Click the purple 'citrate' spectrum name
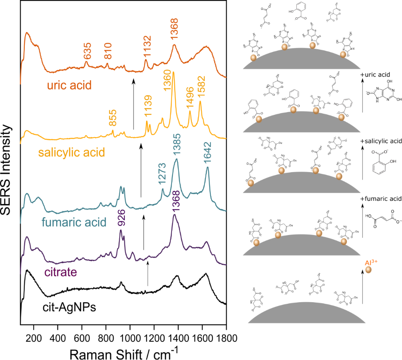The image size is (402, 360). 59,272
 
